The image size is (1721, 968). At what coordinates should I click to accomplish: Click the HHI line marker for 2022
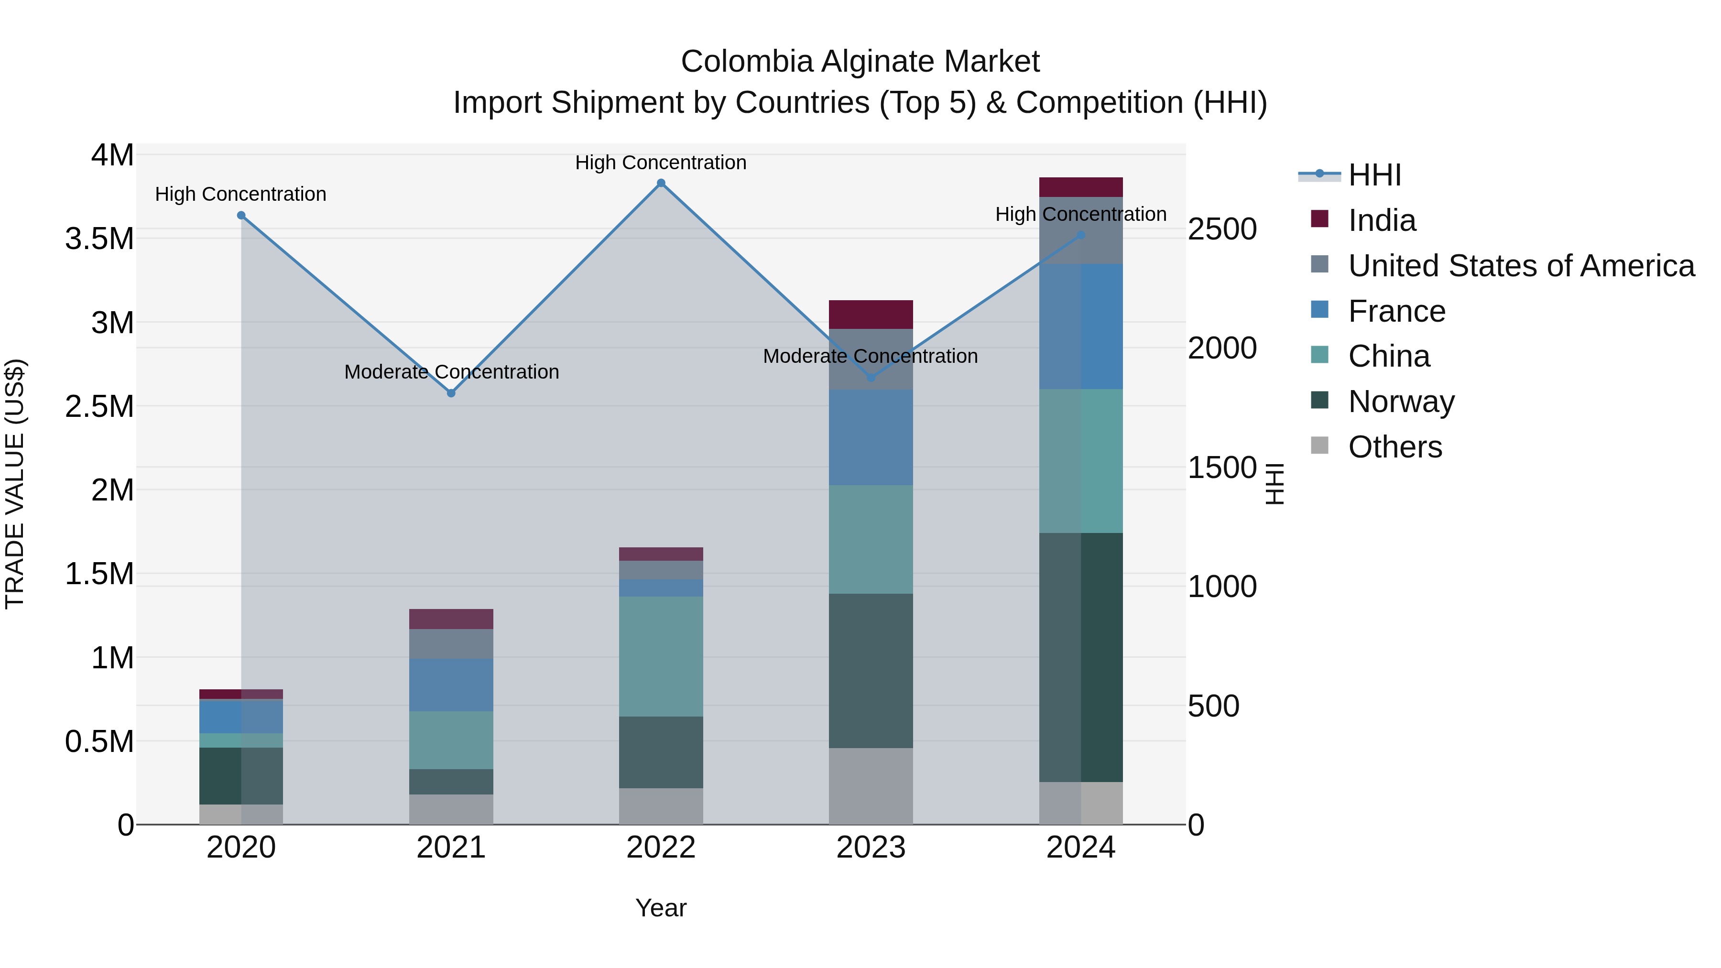point(661,183)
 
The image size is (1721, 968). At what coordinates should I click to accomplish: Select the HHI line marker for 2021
point(451,393)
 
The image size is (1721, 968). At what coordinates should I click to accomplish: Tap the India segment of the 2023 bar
point(871,315)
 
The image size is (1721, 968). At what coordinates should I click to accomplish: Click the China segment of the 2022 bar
point(661,657)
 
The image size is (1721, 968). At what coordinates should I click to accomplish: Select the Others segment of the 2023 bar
point(871,786)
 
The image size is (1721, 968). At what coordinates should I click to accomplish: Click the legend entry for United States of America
point(1521,266)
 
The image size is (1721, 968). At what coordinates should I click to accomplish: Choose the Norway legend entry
point(1401,402)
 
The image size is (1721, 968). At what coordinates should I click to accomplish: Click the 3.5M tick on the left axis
point(99,239)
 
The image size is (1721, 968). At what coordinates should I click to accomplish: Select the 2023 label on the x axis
point(871,848)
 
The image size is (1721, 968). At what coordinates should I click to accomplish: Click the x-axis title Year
point(661,908)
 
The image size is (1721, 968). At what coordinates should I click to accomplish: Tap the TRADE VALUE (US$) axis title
point(15,484)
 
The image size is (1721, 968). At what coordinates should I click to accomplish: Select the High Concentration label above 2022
point(661,163)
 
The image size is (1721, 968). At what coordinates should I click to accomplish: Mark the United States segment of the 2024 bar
point(1081,230)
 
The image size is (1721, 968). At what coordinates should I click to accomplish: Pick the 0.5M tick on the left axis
point(99,741)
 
